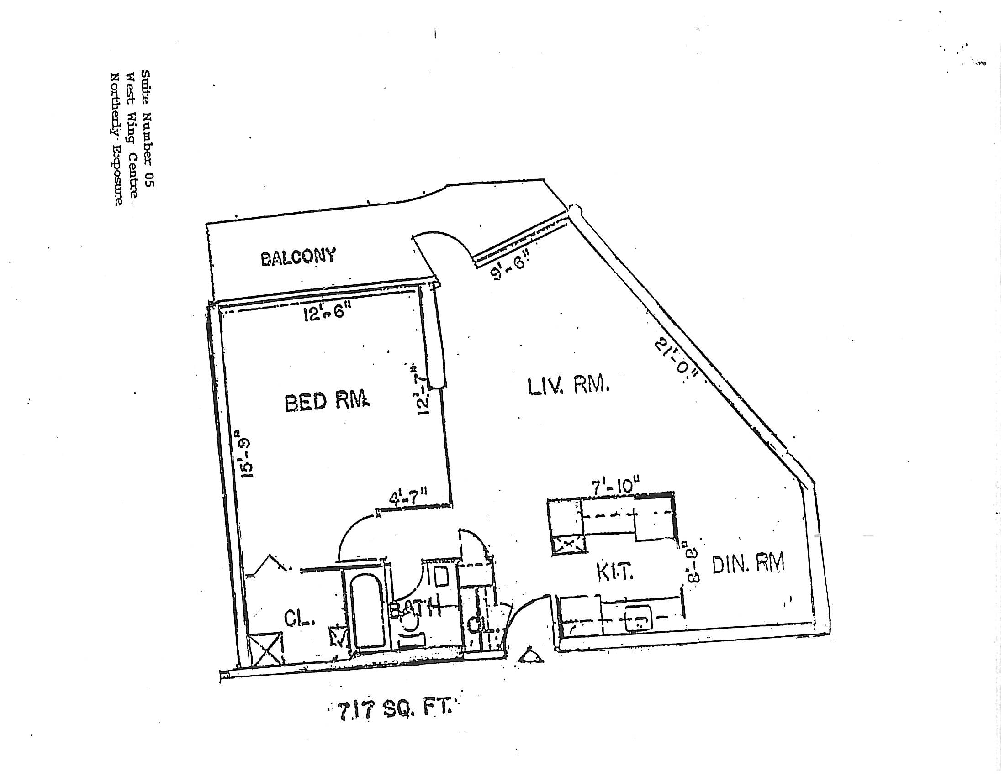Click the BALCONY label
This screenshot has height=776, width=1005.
click(x=298, y=257)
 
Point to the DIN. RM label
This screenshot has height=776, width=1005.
click(x=748, y=564)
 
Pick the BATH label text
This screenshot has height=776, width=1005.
click(x=414, y=609)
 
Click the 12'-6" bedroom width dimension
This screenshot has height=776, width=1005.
click(x=327, y=315)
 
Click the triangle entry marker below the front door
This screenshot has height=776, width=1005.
click(x=531, y=656)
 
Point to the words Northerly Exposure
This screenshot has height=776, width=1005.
click(x=116, y=138)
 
